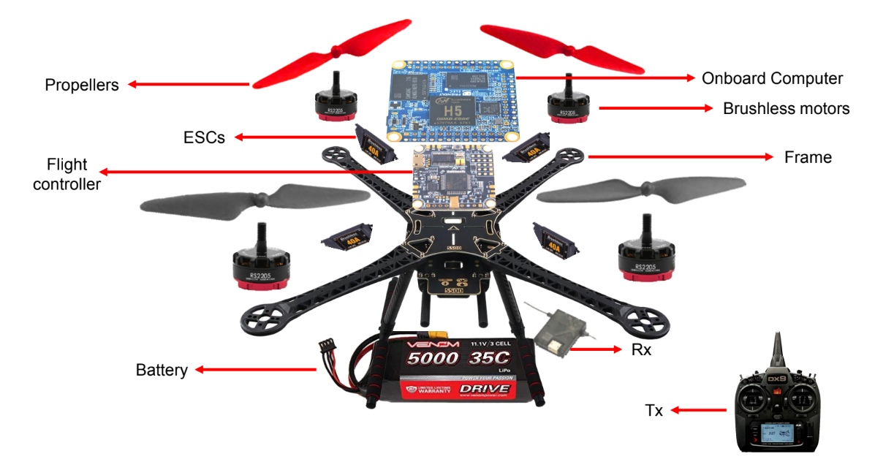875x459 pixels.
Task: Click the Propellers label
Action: click(82, 86)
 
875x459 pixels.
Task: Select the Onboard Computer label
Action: click(772, 78)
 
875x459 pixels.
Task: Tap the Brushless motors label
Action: click(786, 109)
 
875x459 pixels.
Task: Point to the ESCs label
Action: click(205, 137)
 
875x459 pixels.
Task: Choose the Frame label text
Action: click(808, 157)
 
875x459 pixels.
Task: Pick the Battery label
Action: click(162, 370)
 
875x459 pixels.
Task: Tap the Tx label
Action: click(654, 411)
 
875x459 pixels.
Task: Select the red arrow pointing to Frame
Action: click(680, 156)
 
